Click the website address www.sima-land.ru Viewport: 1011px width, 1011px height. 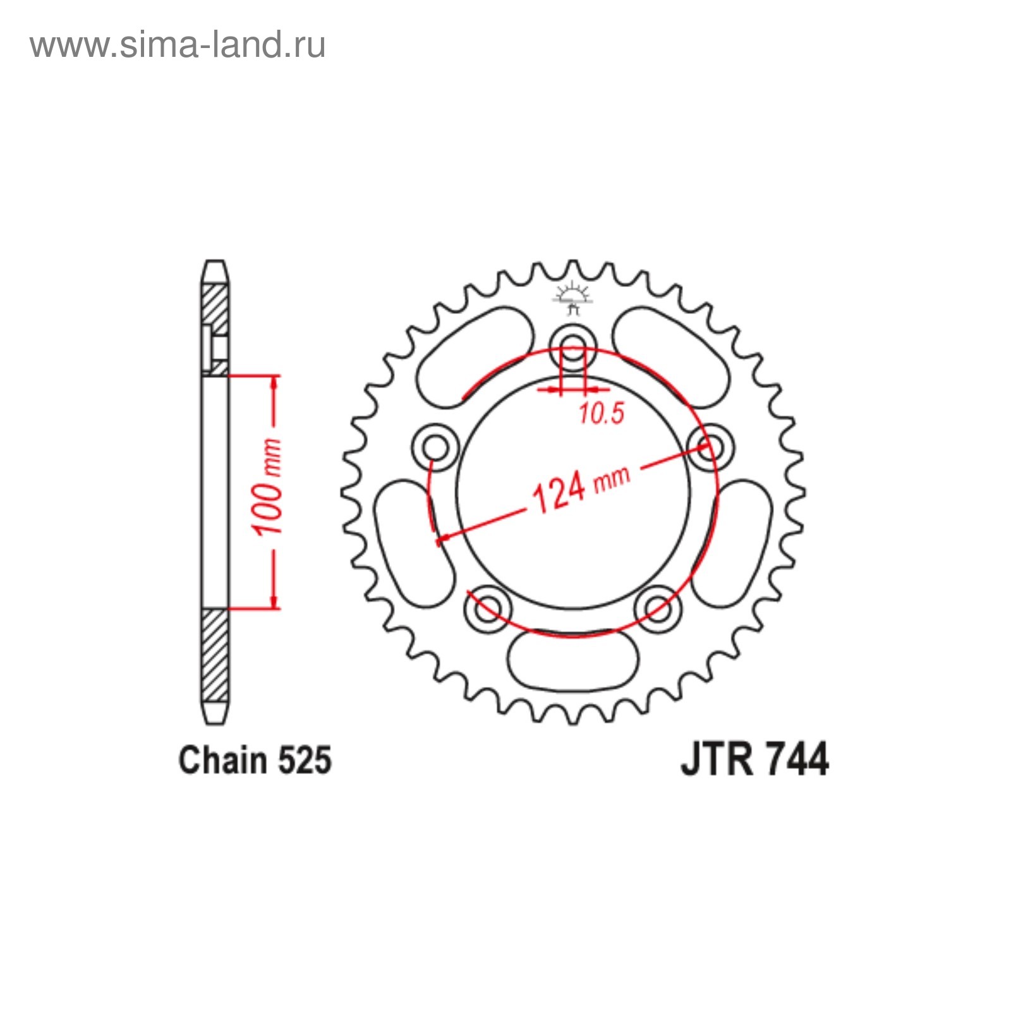click(x=178, y=45)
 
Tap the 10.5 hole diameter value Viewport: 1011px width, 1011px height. click(x=601, y=413)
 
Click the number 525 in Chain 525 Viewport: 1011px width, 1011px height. click(x=304, y=760)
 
